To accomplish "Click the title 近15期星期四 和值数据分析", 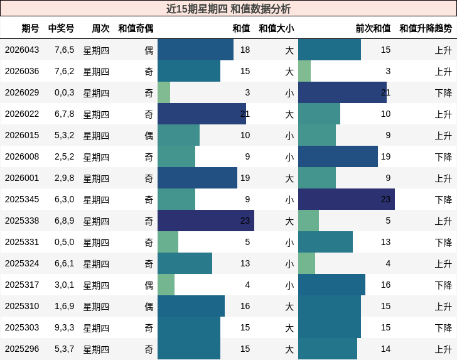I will point(228,9).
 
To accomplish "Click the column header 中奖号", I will point(61,28).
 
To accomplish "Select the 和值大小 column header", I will point(276,28).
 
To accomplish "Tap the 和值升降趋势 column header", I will point(426,28).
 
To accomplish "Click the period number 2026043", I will point(22,50).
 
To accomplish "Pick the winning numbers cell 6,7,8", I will point(64,114).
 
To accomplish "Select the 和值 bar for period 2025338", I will point(206,221).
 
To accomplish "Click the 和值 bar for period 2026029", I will point(164,92).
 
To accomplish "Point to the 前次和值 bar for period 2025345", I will point(347,199).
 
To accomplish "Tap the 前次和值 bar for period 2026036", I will point(304,71).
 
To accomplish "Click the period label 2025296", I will point(22,349).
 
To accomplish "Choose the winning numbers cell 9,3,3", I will point(64,327).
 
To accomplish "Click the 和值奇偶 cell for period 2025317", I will point(149,285).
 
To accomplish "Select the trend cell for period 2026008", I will point(443,156).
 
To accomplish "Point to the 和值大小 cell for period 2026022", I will point(289,114).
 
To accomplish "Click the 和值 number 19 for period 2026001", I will point(245,178).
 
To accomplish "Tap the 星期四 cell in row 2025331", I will point(96,242).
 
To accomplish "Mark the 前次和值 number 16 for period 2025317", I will point(385,285).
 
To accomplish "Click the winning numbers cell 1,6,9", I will point(64,306).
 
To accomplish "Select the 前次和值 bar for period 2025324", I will point(306,263).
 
